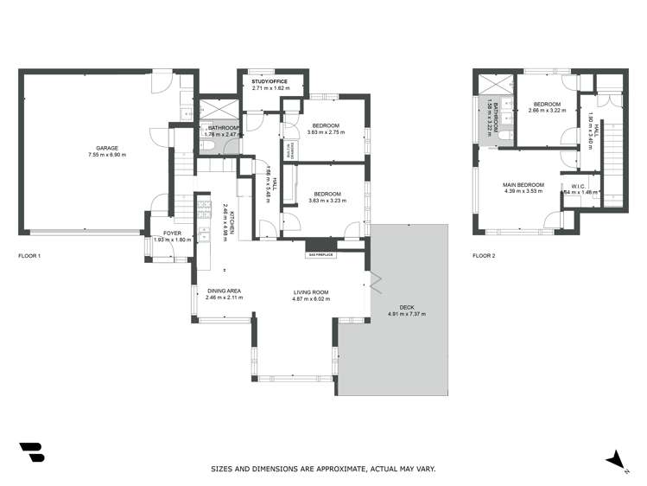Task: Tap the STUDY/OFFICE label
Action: coord(270,82)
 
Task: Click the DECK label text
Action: coord(407,307)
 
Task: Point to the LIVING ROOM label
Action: coord(313,291)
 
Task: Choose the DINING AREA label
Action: coord(224,291)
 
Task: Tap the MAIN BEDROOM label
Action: coord(524,184)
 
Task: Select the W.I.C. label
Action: coord(579,186)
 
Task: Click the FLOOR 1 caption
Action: coord(29,256)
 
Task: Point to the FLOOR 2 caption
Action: coord(484,256)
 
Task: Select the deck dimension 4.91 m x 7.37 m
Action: coord(407,314)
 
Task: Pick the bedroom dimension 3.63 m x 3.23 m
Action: coord(326,201)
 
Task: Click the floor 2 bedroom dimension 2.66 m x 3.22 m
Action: coord(546,110)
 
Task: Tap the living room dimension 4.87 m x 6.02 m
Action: coord(313,298)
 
